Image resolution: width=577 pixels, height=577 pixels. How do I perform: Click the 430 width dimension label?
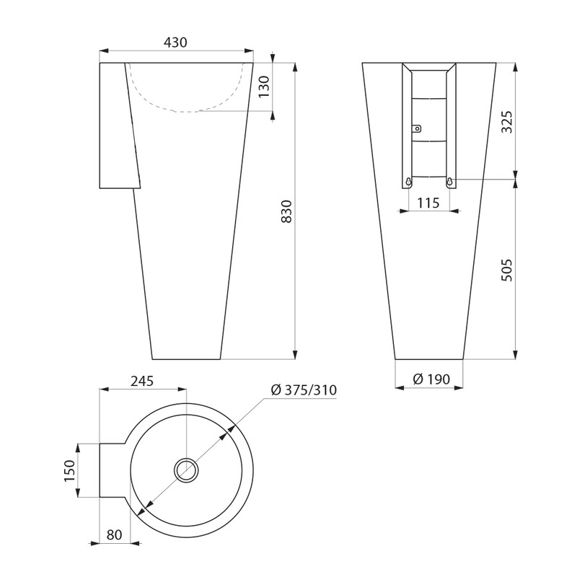click(x=175, y=43)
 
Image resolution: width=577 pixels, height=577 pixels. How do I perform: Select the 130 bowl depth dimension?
click(x=264, y=87)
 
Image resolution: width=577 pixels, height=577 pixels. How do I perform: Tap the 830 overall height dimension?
click(x=286, y=211)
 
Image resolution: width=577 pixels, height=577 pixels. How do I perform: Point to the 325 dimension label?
click(x=507, y=122)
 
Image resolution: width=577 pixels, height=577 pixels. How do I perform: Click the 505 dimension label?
click(x=507, y=270)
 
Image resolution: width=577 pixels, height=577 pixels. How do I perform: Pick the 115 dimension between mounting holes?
click(x=428, y=203)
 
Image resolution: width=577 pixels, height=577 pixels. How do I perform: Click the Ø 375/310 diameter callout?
click(x=304, y=389)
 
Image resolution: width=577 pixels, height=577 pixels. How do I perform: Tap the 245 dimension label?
click(x=142, y=381)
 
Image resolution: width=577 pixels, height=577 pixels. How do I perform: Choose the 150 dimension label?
click(x=69, y=470)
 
